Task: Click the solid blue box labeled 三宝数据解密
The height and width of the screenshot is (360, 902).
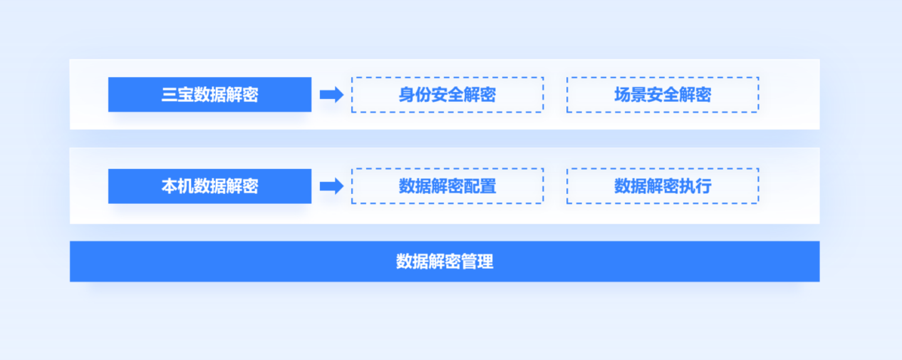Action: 209,94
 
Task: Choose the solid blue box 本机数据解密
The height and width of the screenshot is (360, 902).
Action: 209,186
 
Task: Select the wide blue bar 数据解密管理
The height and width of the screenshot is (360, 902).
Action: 445,262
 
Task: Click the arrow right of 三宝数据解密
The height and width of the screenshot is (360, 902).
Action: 331,95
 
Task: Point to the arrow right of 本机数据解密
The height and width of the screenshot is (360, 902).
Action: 331,186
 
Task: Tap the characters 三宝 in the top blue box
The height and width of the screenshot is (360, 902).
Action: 177,95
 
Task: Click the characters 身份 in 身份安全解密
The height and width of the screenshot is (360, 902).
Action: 415,95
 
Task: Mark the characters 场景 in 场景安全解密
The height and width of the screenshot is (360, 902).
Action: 631,95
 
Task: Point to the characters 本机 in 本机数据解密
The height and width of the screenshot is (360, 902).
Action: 177,186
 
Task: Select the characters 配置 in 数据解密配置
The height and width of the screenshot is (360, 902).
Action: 480,186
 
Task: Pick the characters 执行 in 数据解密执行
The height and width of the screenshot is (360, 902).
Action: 695,186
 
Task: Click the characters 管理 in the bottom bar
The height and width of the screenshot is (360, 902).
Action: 477,262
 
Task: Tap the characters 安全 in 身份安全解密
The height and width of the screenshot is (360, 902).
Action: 447,95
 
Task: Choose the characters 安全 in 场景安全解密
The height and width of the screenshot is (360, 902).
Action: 663,95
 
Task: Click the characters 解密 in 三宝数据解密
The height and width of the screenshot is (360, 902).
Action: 242,95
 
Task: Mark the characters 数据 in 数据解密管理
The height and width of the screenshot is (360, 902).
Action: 412,262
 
